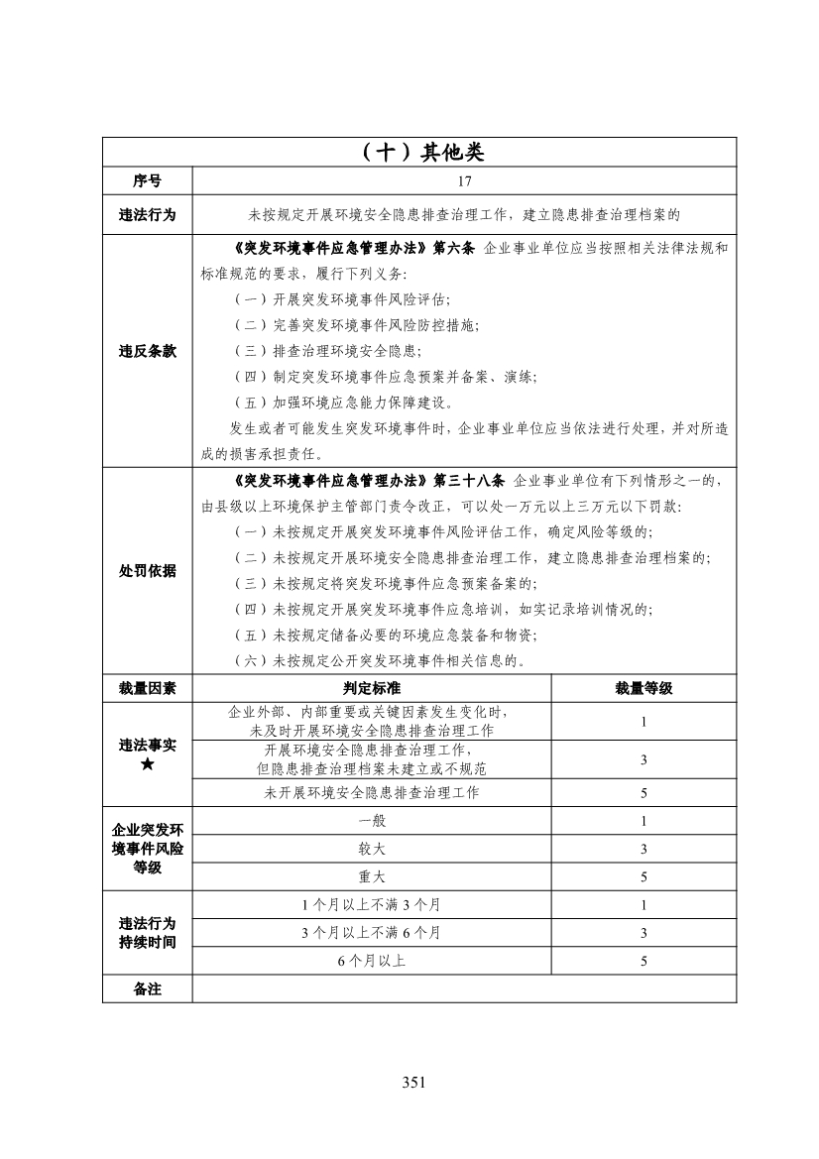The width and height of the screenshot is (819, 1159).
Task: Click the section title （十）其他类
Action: [420, 152]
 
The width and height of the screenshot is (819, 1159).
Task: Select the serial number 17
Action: [465, 180]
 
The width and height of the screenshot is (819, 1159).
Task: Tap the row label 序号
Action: [148, 180]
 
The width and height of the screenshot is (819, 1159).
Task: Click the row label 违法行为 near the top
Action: [148, 213]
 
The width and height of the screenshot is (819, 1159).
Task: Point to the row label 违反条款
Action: [148, 350]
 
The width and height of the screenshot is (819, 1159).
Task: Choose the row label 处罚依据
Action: [148, 570]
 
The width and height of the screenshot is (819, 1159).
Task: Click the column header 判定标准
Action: [372, 688]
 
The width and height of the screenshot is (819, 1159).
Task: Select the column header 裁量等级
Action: [643, 688]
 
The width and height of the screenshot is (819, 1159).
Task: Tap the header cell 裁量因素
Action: [148, 688]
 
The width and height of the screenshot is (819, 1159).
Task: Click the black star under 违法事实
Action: [148, 764]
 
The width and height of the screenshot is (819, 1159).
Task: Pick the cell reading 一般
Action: [372, 821]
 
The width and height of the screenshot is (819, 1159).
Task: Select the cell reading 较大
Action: [372, 849]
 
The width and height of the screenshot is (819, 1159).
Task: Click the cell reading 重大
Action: [372, 876]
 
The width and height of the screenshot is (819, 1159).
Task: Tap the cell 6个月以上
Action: [372, 961]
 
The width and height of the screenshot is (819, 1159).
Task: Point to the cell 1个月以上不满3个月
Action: [372, 904]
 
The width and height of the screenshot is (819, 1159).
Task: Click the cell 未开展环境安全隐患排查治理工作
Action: [372, 792]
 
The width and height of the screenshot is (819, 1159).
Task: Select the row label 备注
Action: [148, 988]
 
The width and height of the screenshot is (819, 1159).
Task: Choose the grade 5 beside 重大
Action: [643, 876]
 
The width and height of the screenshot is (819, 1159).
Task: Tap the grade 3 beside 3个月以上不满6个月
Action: [643, 933]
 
